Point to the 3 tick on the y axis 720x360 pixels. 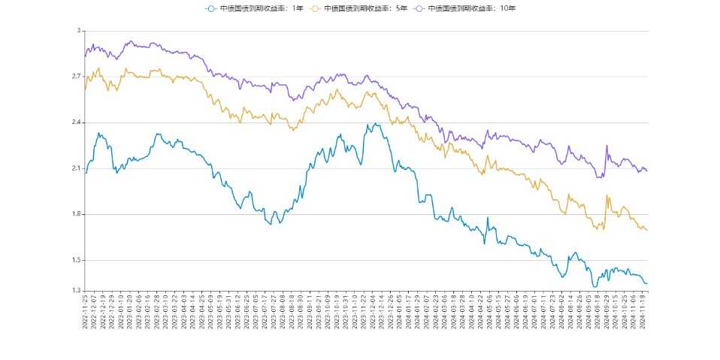tap(78, 31)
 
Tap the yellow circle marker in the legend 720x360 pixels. tap(314, 8)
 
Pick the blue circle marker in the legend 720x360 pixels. tap(210, 8)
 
